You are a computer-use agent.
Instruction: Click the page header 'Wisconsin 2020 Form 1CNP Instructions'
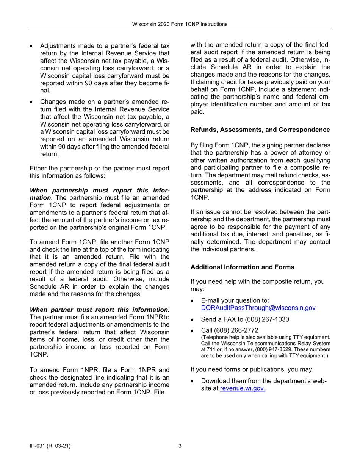180,24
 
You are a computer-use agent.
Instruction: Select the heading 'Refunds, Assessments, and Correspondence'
260,130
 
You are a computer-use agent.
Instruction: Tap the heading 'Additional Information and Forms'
242,267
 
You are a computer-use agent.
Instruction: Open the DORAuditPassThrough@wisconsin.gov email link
258,308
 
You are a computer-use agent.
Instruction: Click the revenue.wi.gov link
243,388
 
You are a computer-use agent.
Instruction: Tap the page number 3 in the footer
180,446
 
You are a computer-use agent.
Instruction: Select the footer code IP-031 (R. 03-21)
50,446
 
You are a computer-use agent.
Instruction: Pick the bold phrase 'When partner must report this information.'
99,310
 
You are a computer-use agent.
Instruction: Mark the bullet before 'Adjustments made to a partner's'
32,46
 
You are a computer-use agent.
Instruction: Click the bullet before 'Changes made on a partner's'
32,102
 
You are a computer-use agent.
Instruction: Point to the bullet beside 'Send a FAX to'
193,320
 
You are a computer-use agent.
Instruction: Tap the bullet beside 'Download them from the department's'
193,381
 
